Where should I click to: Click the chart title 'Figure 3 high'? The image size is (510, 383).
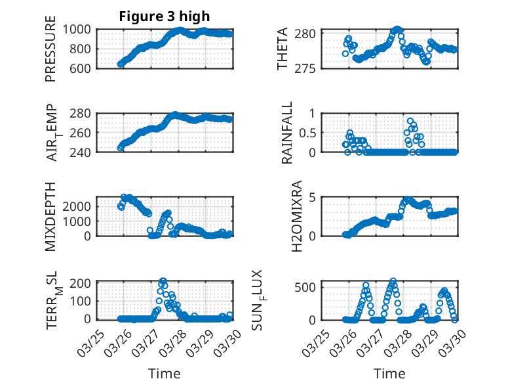(165, 16)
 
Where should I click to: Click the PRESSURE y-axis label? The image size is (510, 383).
(51, 50)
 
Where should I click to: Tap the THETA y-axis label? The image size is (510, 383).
(283, 49)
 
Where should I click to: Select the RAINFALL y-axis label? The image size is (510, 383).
(287, 133)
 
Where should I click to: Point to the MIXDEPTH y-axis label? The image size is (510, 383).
(51, 216)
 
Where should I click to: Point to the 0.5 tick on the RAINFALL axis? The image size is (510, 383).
(307, 133)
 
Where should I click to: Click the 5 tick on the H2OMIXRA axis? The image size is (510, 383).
(314, 197)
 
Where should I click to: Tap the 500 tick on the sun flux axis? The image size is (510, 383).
(309, 287)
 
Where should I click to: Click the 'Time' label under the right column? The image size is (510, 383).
(389, 373)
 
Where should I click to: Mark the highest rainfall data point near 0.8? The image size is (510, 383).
(410, 121)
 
